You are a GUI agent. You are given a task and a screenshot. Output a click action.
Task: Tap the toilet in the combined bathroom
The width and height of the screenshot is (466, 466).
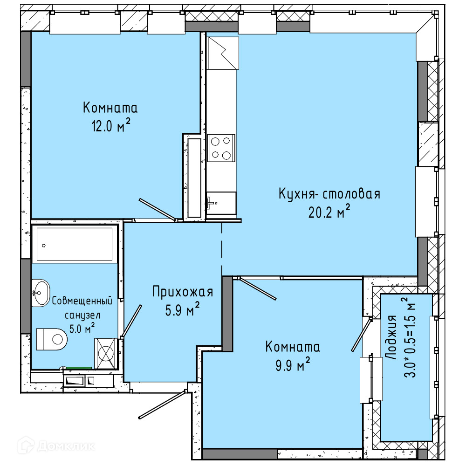coord(51,339)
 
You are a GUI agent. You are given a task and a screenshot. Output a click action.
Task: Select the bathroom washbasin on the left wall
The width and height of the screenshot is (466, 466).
coord(41,293)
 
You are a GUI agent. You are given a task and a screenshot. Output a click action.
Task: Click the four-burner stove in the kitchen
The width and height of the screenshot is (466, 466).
coord(221,148)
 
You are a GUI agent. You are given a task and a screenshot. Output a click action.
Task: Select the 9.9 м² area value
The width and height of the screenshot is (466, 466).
coord(293,364)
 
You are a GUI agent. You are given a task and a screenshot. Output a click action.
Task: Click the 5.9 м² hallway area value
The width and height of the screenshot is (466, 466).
coord(182,309)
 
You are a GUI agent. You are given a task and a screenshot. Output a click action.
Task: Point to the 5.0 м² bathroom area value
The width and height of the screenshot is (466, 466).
coord(82,328)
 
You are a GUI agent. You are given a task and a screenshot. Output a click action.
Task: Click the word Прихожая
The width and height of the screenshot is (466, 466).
coord(183,292)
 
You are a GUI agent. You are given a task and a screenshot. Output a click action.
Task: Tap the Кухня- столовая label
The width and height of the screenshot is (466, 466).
coord(329,194)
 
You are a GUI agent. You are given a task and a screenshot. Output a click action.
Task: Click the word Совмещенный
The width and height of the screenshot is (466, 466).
coord(82,301)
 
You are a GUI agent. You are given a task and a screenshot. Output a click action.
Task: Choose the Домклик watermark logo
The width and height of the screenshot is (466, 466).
coord(56,445)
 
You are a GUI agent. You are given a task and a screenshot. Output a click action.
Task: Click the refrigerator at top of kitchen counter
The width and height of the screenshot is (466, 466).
coord(223,53)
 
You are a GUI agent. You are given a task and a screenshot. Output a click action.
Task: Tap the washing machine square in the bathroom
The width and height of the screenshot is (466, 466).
coord(106,353)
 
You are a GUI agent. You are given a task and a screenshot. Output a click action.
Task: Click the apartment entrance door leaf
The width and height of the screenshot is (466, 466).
coord(163,405)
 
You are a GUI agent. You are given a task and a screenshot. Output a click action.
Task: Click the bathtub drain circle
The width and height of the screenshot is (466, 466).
coord(44,246)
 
